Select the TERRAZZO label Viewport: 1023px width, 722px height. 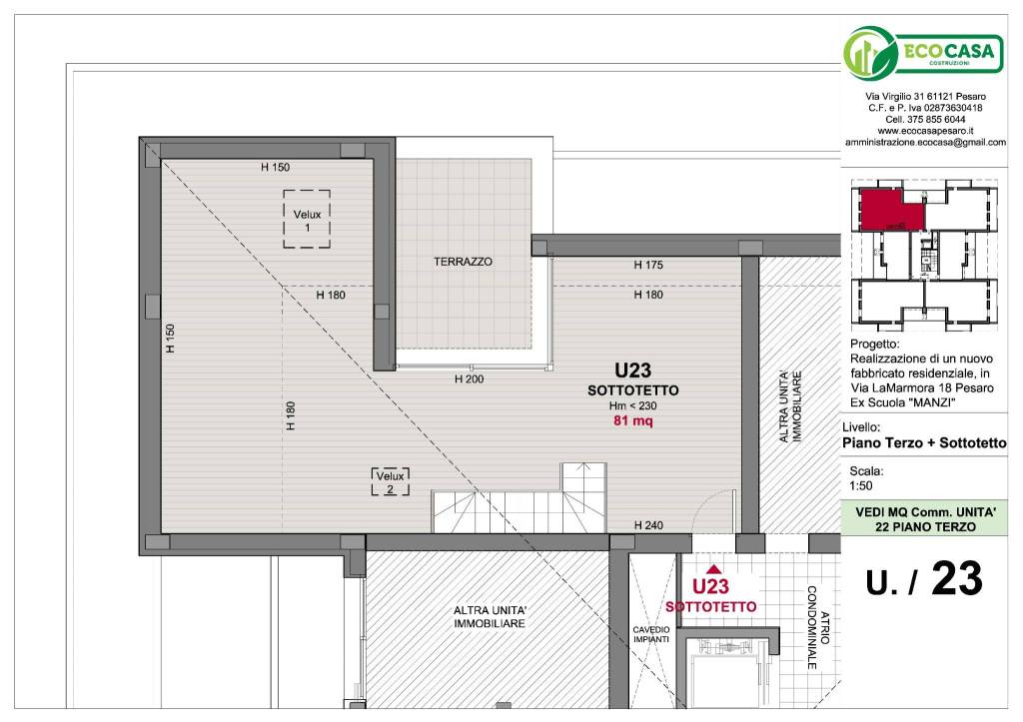pos(464,262)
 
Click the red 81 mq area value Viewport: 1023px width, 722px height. pos(632,420)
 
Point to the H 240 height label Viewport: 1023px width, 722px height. pos(648,525)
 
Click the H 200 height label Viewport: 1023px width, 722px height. pos(470,378)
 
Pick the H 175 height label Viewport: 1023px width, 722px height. pos(648,265)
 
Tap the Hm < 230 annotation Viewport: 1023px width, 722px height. pos(632,405)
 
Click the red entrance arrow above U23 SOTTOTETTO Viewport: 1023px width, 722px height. pos(713,569)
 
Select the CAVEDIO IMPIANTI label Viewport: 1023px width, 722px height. pos(651,634)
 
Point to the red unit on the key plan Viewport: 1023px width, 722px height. pos(892,210)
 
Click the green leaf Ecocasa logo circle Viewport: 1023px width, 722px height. pos(870,54)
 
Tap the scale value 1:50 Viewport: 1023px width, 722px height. pos(860,486)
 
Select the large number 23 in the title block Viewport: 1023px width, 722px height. pos(956,578)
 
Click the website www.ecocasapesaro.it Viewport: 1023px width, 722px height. pos(925,131)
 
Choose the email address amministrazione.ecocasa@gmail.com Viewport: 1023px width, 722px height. pos(925,142)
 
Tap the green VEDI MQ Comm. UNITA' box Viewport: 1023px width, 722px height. pos(925,519)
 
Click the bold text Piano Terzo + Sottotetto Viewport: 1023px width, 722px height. pos(924,442)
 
